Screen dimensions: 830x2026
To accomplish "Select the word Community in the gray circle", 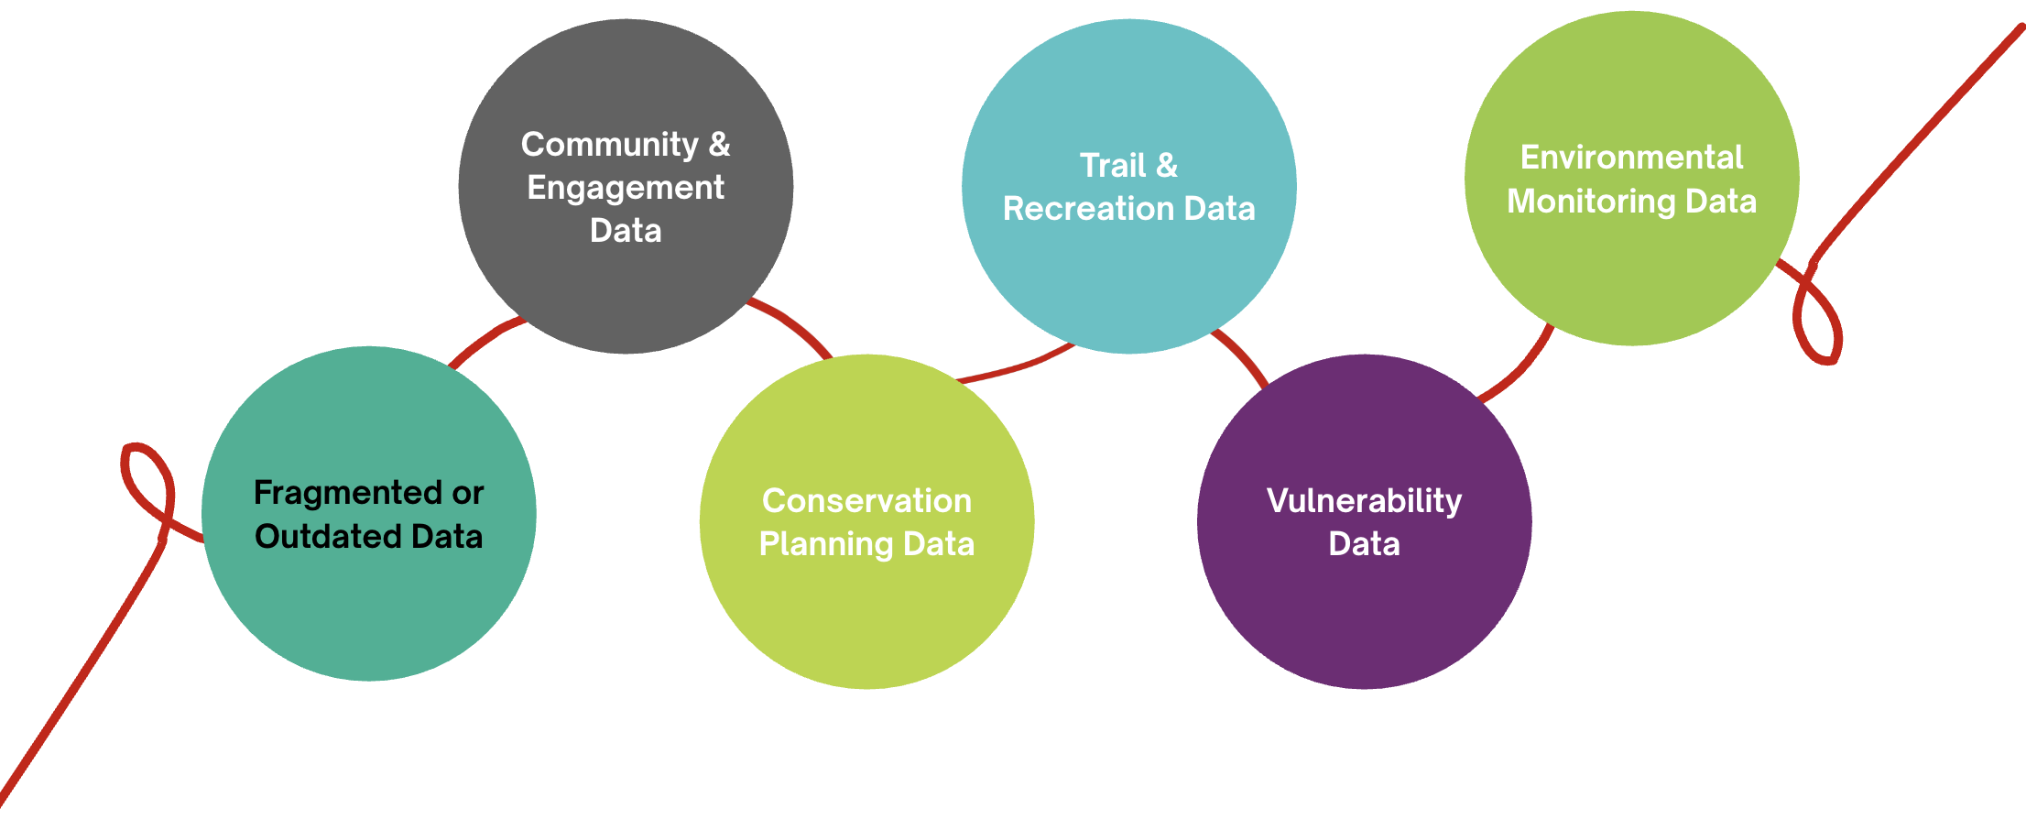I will [x=609, y=145].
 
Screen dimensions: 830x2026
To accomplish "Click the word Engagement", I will [x=626, y=188].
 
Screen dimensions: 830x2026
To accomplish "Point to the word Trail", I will [x=1112, y=166].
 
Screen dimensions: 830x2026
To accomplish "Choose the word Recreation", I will [x=1087, y=209].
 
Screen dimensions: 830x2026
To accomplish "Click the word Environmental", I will [x=1631, y=158].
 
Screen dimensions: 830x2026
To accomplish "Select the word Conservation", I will [x=866, y=501].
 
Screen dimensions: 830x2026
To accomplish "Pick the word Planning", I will [x=826, y=544].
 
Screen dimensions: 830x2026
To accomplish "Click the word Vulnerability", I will [x=1364, y=501].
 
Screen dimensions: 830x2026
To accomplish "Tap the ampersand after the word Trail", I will [x=1167, y=166].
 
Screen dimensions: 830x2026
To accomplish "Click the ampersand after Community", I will [x=720, y=145].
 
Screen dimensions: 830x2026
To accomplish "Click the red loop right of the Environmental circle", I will [x=1818, y=316].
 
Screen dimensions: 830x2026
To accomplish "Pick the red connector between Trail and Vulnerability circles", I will [x=1243, y=355].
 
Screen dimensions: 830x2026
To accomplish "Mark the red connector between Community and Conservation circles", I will [x=792, y=322].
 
